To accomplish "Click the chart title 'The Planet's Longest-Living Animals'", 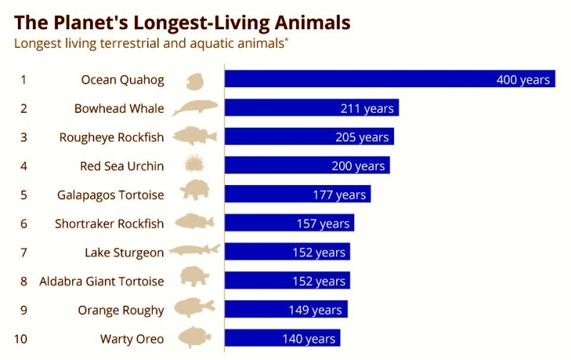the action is click(x=182, y=23).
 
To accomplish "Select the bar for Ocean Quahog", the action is click(x=390, y=79).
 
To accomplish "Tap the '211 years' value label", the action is click(x=367, y=109).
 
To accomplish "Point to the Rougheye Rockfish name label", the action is click(x=111, y=137).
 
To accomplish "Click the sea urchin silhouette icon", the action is click(x=194, y=164).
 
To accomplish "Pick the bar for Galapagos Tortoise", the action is click(x=298, y=194).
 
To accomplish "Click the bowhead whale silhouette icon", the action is click(x=195, y=107).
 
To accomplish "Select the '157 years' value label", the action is click(x=323, y=224).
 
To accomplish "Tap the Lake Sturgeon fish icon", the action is click(x=195, y=250).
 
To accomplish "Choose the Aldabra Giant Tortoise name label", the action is click(x=101, y=281).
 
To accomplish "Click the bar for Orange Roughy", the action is click(x=286, y=309).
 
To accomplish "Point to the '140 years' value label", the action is click(x=309, y=339).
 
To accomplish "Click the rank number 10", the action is click(x=21, y=339).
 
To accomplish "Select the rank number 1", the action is click(x=24, y=79).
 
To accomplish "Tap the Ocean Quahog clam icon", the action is click(x=194, y=81).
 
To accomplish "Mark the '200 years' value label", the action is click(x=358, y=166).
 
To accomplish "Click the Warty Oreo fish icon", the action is click(x=194, y=337).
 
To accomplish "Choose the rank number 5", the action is click(x=24, y=195).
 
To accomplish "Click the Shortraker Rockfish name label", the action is click(x=109, y=224).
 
